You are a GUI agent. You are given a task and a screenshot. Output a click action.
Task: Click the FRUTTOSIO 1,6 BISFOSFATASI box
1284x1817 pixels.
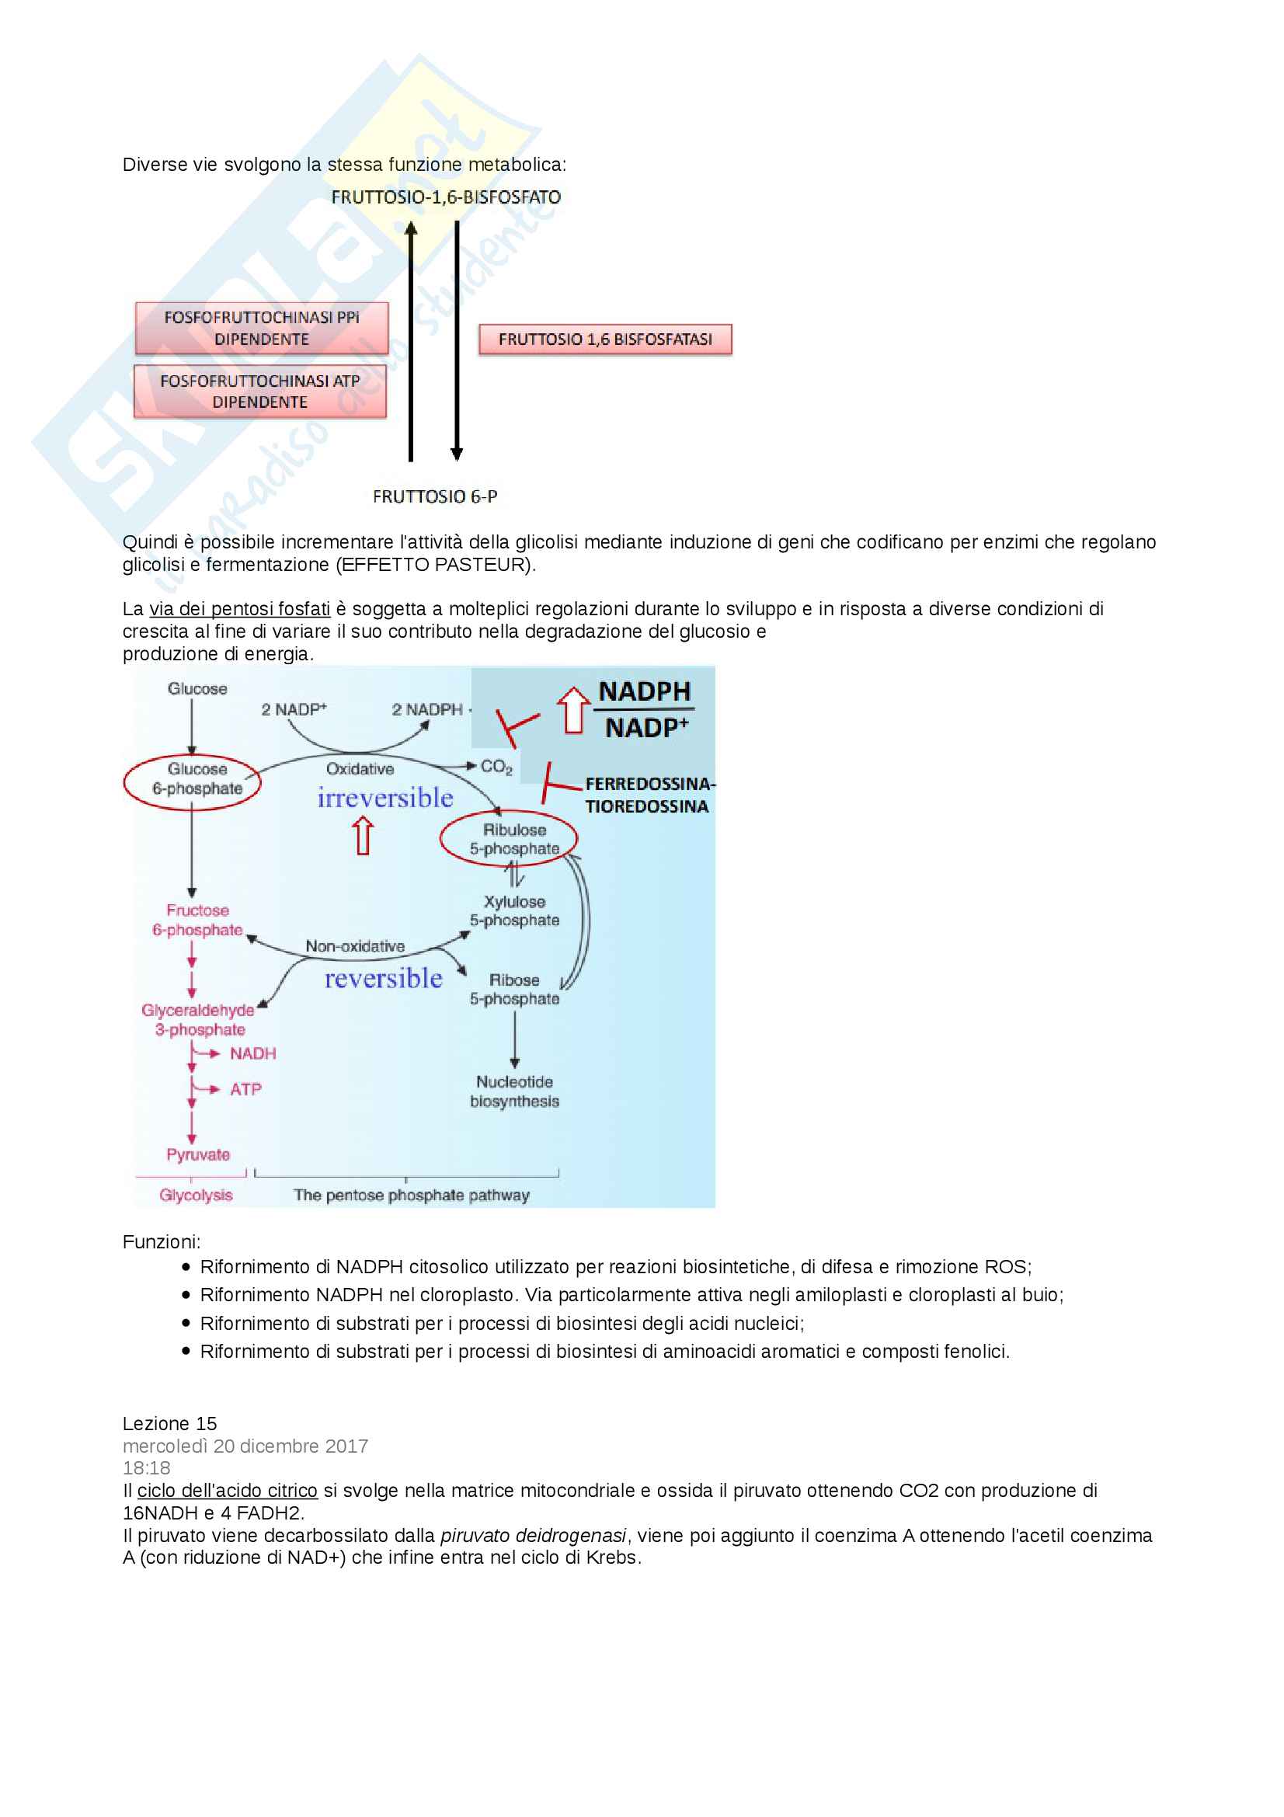[604, 339]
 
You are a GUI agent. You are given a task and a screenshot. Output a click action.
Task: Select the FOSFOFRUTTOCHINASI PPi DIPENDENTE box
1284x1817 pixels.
[261, 329]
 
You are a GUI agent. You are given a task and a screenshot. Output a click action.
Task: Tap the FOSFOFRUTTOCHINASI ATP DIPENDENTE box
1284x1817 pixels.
[259, 392]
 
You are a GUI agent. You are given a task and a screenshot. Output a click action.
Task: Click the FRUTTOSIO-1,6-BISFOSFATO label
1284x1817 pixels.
[445, 197]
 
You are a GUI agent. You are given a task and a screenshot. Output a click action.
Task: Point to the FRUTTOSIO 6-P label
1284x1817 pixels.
[435, 496]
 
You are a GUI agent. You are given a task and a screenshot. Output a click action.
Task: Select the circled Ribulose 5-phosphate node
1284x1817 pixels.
[509, 839]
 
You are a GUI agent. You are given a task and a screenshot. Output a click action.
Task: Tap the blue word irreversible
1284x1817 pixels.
[385, 798]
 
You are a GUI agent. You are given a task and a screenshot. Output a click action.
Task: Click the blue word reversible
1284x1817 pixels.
[384, 979]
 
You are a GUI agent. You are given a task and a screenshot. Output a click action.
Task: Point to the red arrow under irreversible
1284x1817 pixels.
[363, 836]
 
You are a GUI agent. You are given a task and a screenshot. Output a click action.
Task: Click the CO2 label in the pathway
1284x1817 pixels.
[496, 767]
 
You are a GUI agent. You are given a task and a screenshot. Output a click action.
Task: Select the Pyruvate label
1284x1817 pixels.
[198, 1154]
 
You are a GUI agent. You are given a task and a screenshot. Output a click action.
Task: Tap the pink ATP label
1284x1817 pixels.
[245, 1090]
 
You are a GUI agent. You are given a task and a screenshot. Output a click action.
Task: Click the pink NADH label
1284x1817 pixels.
[252, 1053]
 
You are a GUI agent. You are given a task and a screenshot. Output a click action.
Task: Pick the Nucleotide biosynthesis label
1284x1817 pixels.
[514, 1091]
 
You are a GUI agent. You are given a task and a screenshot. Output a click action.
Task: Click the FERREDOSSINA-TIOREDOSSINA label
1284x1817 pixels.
[648, 795]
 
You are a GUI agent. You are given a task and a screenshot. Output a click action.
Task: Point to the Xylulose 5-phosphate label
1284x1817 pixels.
[514, 911]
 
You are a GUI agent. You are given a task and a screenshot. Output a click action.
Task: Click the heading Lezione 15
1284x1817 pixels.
[169, 1424]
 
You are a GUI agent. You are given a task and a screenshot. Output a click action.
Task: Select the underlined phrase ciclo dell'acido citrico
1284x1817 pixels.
[227, 1490]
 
